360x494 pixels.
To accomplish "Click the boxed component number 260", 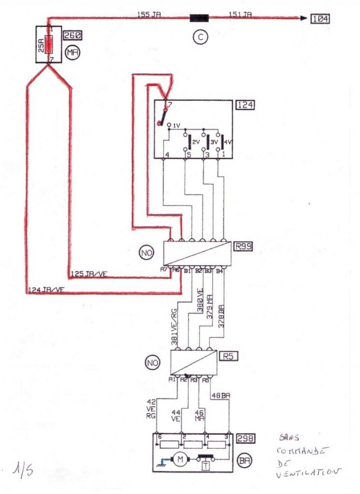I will tap(71, 35).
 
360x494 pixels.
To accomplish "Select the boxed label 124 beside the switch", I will tap(245, 104).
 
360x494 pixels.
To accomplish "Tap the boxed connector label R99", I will tap(243, 247).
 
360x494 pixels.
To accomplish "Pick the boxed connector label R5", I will tap(229, 357).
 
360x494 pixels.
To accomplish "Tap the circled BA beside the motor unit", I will tap(244, 460).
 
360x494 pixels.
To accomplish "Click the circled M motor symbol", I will tap(180, 459).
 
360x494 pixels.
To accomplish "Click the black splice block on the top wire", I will tap(199, 19).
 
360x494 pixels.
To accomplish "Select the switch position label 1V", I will tap(176, 125).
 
